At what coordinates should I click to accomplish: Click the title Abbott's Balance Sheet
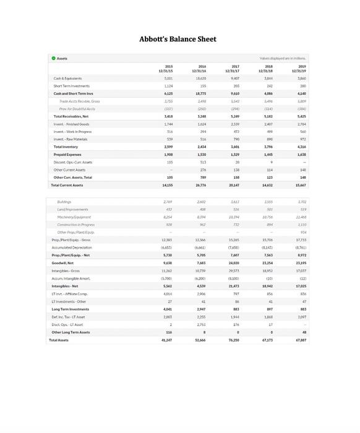[178, 39]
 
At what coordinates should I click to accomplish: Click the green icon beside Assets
[53, 59]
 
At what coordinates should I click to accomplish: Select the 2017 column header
[235, 68]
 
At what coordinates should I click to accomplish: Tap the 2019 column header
[301, 68]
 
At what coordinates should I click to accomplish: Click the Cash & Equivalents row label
[67, 79]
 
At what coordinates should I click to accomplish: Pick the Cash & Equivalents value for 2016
[201, 79]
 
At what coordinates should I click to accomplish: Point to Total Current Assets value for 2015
[168, 185]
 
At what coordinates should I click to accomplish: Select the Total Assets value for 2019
[301, 340]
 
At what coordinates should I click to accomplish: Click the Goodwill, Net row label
[62, 263]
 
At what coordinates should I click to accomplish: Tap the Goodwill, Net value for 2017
[234, 263]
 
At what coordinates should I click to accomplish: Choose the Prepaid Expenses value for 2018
[268, 155]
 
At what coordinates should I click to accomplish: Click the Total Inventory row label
[66, 147]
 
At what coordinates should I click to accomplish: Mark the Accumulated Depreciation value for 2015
[168, 247]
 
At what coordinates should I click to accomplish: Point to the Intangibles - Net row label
[65, 286]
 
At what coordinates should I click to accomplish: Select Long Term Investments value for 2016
[201, 309]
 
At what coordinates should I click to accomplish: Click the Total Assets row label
[59, 340]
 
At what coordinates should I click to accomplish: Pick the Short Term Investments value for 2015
[168, 86]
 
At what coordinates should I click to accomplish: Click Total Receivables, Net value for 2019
[301, 116]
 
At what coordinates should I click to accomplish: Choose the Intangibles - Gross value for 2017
[234, 270]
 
